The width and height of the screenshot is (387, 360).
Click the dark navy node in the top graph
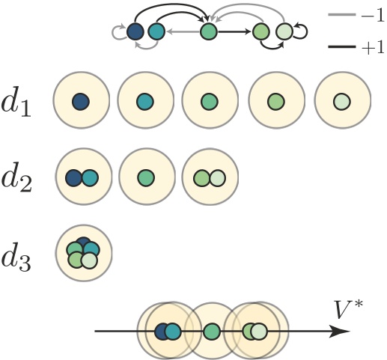[x=135, y=31]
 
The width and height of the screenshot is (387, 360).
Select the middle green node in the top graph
[x=209, y=31]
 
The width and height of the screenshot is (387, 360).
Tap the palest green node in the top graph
[x=284, y=31]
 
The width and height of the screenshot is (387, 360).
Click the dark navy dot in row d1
[x=81, y=100]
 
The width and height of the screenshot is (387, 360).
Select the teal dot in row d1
[x=145, y=100]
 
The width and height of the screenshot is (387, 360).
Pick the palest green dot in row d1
[x=341, y=100]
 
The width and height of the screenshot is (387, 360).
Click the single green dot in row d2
[x=145, y=177]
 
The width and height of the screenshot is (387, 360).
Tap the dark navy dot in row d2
[x=73, y=177]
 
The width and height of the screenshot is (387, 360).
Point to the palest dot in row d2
[x=217, y=177]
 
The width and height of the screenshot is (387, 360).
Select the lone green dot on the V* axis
[x=211, y=329]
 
